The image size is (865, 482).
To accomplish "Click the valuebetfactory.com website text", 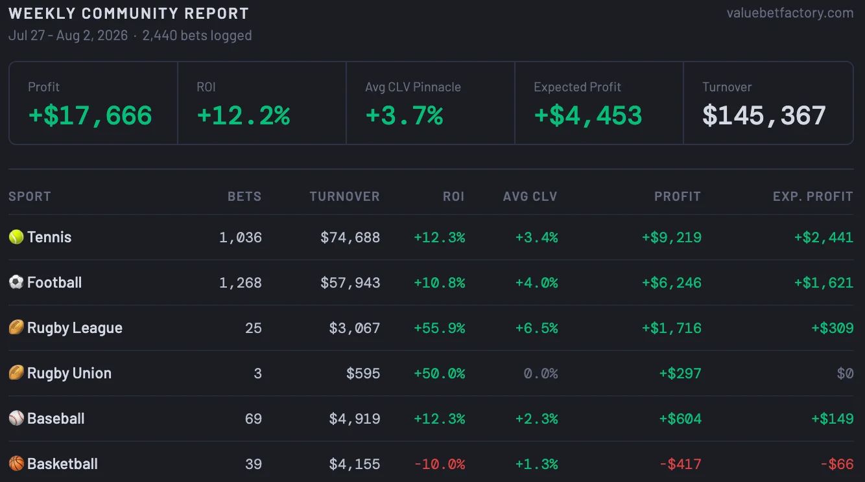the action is [790, 13].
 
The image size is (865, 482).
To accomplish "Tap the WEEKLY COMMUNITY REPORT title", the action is [128, 14].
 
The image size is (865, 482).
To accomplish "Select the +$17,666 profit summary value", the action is [90, 115].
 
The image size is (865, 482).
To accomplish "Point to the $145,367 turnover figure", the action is [764, 115].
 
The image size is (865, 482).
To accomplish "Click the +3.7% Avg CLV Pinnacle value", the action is [404, 115].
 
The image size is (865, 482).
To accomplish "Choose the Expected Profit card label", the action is [577, 87].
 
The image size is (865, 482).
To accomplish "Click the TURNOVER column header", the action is [344, 196].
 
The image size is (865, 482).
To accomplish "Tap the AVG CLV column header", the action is [530, 196].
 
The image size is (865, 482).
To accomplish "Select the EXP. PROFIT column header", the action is [813, 196].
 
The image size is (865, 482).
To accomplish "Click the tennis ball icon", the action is [16, 237].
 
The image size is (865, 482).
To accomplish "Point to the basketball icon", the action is [16, 463].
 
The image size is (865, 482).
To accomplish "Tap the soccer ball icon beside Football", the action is [16, 282].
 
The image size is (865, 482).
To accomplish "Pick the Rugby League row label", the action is [75, 328].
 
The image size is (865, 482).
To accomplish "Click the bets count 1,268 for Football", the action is [240, 282].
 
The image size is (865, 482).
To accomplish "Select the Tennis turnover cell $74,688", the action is [350, 237].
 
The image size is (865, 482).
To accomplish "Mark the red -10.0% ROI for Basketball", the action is [440, 464].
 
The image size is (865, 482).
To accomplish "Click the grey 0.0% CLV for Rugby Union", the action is [541, 373].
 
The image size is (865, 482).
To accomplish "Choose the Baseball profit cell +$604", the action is [680, 419].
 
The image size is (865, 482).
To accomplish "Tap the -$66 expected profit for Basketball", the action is [837, 464].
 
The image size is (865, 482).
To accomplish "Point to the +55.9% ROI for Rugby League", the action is [440, 328].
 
